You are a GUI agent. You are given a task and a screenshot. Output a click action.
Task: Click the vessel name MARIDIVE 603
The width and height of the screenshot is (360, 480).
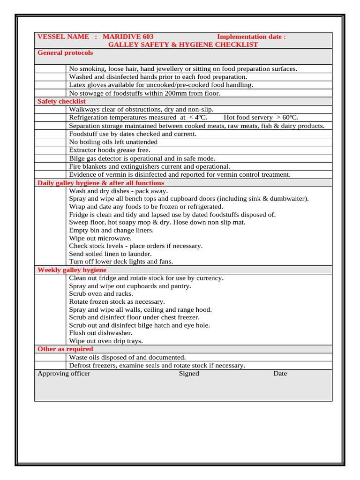pyautogui.click(x=128, y=37)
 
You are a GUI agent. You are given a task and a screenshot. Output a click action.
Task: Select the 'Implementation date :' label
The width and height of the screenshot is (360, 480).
pyautogui.click(x=251, y=37)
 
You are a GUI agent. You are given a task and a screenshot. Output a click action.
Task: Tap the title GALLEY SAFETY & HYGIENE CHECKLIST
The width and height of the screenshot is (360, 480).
pyautogui.click(x=183, y=45)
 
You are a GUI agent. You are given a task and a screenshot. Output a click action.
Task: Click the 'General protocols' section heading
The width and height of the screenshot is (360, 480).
pyautogui.click(x=65, y=52)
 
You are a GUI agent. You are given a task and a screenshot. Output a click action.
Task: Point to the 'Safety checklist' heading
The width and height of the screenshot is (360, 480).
pyautogui.click(x=61, y=101)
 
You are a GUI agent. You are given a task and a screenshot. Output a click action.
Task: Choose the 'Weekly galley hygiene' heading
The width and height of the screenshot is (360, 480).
pyautogui.click(x=72, y=270)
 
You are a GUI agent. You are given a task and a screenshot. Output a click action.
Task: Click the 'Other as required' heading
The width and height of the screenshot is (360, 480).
pyautogui.click(x=65, y=349)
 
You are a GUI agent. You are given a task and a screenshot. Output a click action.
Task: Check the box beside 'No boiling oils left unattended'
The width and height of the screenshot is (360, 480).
pyautogui.click(x=50, y=142)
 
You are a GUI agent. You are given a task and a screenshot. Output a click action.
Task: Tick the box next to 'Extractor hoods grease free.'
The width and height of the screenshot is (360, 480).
pyautogui.click(x=50, y=150)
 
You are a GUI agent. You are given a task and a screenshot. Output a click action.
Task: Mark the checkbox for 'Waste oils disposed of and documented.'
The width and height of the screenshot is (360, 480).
pyautogui.click(x=50, y=358)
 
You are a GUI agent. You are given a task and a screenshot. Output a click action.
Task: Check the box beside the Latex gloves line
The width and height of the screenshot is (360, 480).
pyautogui.click(x=50, y=85)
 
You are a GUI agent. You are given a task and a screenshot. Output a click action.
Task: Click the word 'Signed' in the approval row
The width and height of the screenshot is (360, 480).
pyautogui.click(x=189, y=374)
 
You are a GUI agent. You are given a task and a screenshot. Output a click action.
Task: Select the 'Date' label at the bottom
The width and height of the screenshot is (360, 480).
pyautogui.click(x=280, y=374)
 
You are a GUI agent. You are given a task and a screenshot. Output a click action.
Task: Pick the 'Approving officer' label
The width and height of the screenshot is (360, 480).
pyautogui.click(x=64, y=374)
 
